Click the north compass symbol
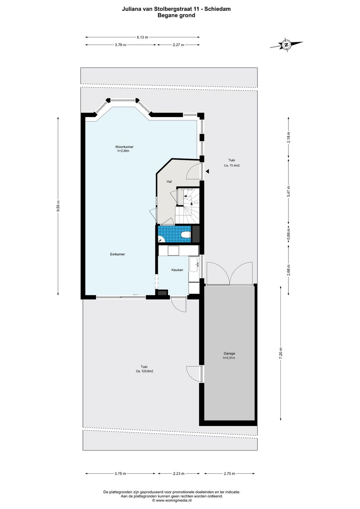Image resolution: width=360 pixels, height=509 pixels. (x=286, y=45)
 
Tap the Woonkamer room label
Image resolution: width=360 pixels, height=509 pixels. (x=124, y=147)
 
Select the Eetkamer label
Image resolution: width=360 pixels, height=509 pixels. (x=117, y=254)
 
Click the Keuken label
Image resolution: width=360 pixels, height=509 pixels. (x=177, y=270)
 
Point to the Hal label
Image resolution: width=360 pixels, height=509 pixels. (x=169, y=182)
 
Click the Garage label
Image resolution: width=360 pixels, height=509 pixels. (x=229, y=353)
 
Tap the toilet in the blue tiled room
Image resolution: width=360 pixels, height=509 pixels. (x=186, y=234)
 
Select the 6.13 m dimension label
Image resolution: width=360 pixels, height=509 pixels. (x=143, y=37)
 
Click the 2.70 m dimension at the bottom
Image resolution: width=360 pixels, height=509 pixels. (x=229, y=474)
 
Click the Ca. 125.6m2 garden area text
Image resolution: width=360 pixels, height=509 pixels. (x=145, y=371)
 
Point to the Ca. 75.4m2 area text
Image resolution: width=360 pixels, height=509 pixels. (x=232, y=166)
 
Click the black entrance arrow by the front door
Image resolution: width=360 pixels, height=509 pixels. (x=207, y=171)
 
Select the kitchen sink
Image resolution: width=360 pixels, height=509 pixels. (x=194, y=264)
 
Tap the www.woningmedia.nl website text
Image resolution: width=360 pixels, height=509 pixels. (x=174, y=500)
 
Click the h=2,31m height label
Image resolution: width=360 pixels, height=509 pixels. (x=229, y=358)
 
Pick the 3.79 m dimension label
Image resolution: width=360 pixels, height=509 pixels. (x=120, y=45)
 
